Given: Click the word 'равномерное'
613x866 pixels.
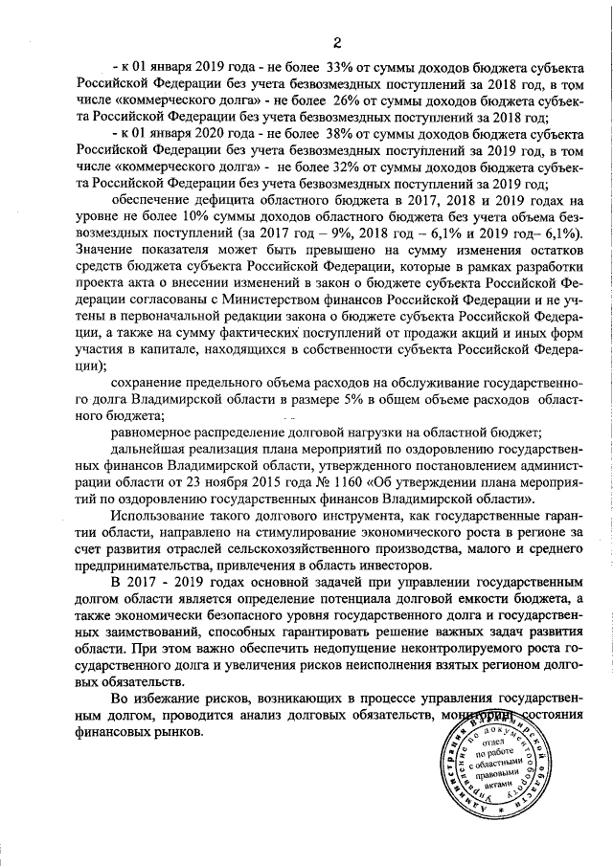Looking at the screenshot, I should pyautogui.click(x=155, y=433).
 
